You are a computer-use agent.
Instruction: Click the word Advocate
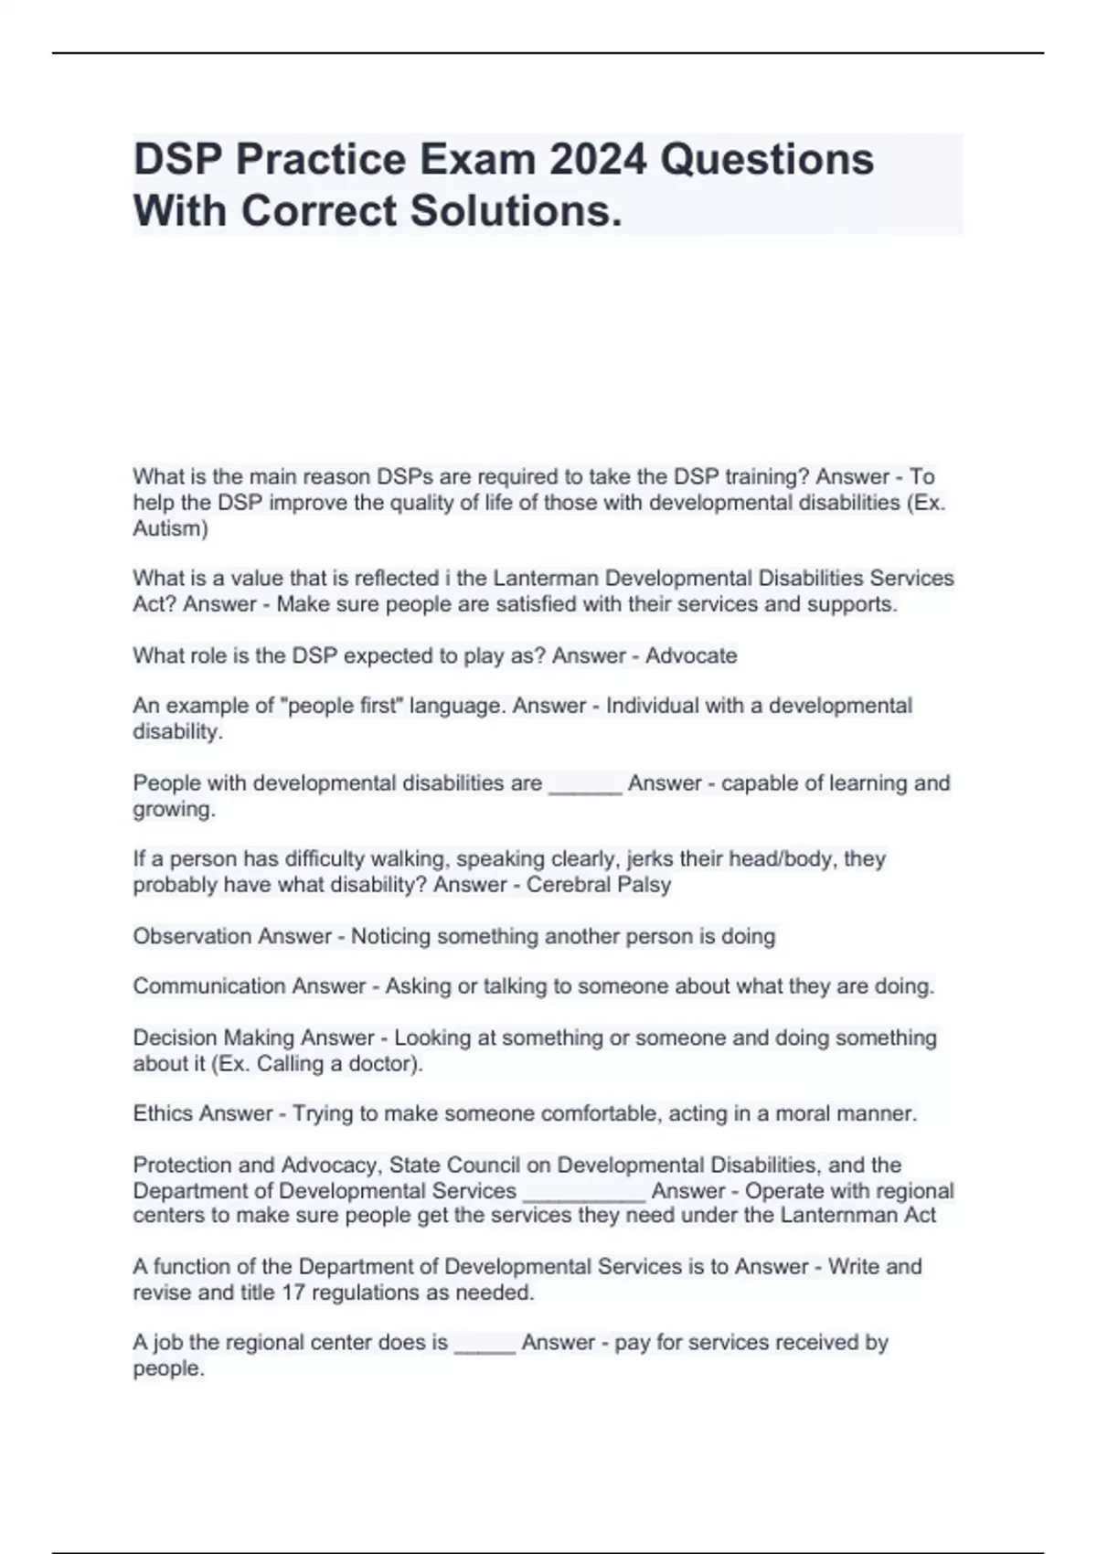click(691, 655)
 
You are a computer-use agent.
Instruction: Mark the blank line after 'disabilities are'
click(585, 788)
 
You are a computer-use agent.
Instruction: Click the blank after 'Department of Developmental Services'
click(584, 1196)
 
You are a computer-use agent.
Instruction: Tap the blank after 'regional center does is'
click(485, 1347)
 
